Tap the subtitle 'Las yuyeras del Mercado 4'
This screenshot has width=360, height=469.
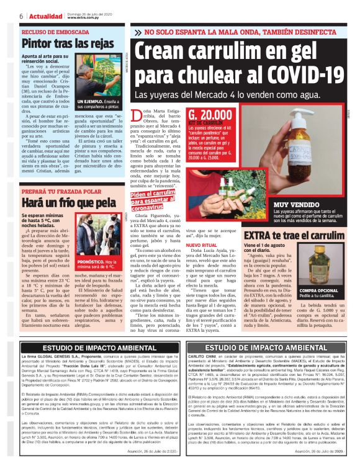186,96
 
